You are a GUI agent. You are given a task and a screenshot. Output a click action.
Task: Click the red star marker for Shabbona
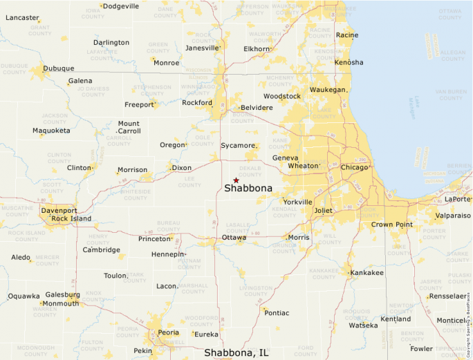coord(236,180)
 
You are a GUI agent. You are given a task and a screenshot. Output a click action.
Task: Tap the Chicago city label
coord(354,167)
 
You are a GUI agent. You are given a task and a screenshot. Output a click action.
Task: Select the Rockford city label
coord(196,103)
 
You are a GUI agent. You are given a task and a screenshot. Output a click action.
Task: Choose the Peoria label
coord(169,333)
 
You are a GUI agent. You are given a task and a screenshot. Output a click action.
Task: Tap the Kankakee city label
coord(367,273)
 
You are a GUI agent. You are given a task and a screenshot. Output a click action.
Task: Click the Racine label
coord(346,35)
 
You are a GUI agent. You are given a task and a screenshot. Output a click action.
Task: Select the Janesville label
coord(201,48)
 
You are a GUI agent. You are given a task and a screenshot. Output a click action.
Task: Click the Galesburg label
coord(62,294)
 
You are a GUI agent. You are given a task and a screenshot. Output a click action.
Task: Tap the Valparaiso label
coord(453,216)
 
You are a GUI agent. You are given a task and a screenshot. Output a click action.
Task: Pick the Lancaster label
coord(22,17)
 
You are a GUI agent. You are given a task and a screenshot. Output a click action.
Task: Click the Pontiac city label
coord(277,312)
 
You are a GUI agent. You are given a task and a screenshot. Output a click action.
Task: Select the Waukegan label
coord(327,90)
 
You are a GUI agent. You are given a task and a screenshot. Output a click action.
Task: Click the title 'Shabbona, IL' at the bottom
coord(236,352)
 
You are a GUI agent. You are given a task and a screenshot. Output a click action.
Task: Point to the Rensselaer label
coord(448,296)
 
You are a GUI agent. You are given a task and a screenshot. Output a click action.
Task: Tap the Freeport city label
coord(139,105)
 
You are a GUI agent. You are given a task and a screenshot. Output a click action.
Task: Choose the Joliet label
coord(323,210)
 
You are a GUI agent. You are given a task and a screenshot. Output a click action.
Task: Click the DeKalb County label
coord(250,171)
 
